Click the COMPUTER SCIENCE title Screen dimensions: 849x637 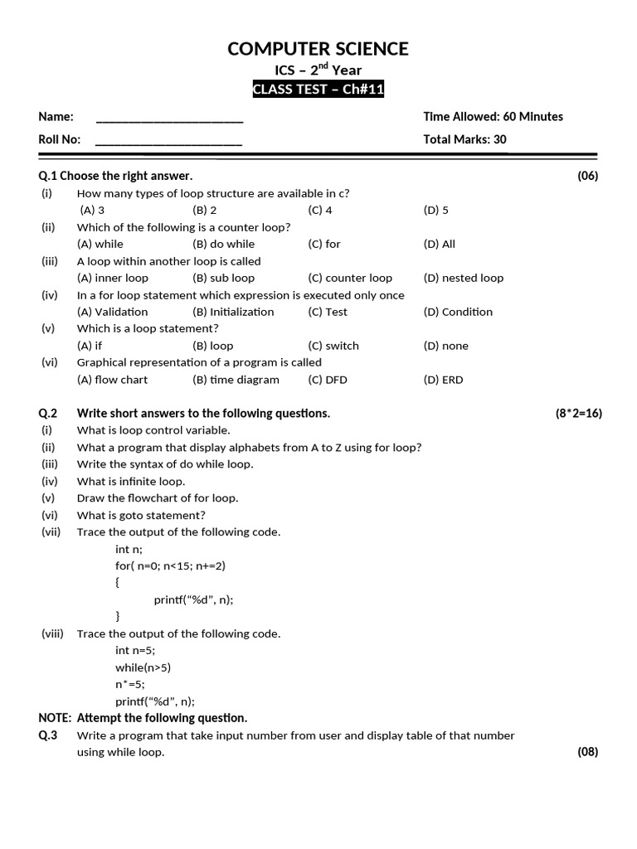point(318,49)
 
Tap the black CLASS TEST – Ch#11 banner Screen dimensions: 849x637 point(318,90)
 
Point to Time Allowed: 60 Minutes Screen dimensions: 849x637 point(493,117)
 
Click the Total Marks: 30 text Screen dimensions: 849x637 point(464,139)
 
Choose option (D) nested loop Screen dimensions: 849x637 point(463,279)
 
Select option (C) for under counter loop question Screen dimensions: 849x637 point(323,245)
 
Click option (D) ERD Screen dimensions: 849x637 point(443,381)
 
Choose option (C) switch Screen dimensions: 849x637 point(333,347)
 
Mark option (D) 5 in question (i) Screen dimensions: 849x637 point(435,211)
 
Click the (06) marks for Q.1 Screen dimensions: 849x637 point(587,176)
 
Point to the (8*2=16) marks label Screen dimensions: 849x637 point(579,414)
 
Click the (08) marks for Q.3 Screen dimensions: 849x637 point(587,753)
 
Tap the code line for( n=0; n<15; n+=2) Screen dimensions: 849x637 point(171,566)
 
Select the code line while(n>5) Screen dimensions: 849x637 point(143,667)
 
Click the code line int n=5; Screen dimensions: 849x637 point(135,651)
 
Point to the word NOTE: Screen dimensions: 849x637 point(55,718)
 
